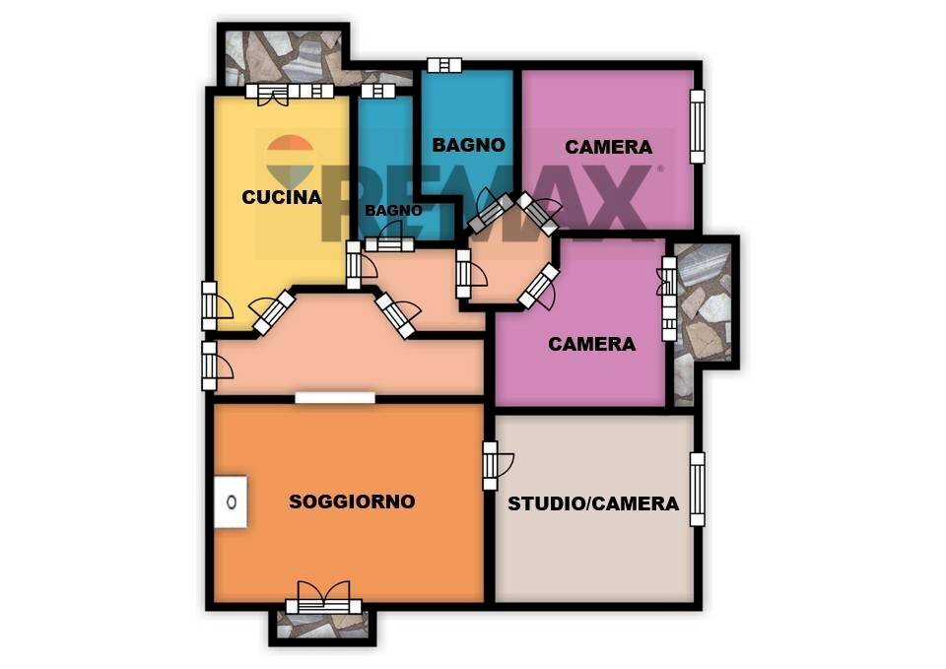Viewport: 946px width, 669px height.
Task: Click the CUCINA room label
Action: pos(282,197)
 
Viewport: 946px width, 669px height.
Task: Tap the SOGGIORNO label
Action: pos(352,502)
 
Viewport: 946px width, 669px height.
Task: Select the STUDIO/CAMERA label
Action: pos(593,503)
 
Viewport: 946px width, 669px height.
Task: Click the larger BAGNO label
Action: pos(468,145)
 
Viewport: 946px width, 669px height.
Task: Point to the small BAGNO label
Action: pos(393,211)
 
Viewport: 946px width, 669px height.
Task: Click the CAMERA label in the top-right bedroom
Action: pos(608,147)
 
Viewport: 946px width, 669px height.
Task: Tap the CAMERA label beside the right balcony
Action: pos(591,344)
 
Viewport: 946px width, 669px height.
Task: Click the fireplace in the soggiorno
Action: pos(231,502)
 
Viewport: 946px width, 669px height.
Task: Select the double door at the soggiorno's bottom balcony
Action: pos(324,601)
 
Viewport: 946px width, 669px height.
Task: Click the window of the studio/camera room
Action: pos(697,490)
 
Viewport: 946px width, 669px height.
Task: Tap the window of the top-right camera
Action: pos(697,126)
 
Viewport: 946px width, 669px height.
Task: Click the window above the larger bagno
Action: pos(444,65)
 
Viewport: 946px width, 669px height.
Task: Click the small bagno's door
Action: pos(389,238)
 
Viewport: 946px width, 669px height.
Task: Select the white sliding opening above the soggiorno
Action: pos(335,398)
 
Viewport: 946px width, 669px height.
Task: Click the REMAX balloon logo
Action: pos(290,161)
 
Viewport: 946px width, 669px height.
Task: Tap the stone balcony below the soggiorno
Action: pos(323,626)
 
